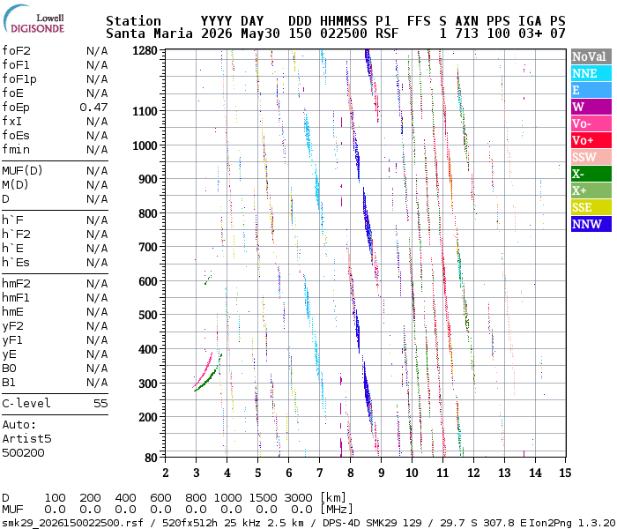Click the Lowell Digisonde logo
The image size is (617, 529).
[33, 19]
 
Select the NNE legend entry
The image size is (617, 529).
[591, 73]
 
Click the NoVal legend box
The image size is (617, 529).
[591, 56]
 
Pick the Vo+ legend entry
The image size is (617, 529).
[591, 140]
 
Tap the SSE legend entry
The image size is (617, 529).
[591, 207]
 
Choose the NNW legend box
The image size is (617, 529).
[591, 224]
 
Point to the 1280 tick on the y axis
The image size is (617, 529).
[145, 51]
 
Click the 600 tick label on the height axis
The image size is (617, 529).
[148, 282]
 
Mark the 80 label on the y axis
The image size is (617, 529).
[151, 458]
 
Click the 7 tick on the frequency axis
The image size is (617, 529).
[319, 473]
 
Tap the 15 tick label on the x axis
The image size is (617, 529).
[565, 473]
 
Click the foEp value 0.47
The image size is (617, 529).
[93, 108]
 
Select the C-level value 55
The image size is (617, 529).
[100, 404]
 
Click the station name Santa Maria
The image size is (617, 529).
[150, 34]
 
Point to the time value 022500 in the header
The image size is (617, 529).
[344, 34]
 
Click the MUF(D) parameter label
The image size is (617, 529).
[22, 171]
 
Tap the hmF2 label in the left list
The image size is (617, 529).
[16, 284]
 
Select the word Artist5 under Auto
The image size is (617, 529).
[26, 439]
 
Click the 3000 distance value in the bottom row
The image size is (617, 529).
[298, 498]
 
